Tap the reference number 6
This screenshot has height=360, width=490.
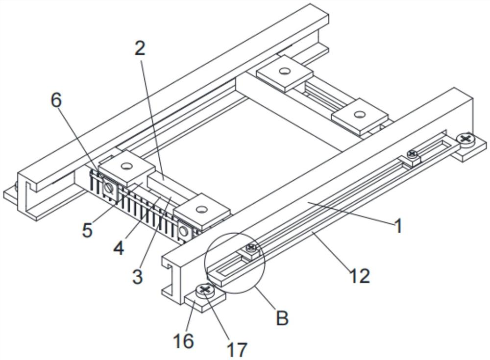[56, 100]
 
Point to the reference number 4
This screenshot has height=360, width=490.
[119, 248]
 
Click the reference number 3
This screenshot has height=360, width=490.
[137, 276]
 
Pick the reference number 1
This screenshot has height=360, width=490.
[398, 226]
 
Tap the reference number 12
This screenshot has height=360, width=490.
[359, 276]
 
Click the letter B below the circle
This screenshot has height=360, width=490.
[282, 318]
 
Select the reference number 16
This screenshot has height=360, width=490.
[184, 341]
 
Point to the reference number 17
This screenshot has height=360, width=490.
[238, 349]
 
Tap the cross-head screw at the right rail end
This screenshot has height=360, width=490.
[465, 140]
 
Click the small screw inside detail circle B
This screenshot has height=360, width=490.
[252, 247]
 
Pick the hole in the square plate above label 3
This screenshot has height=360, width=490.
[200, 211]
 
